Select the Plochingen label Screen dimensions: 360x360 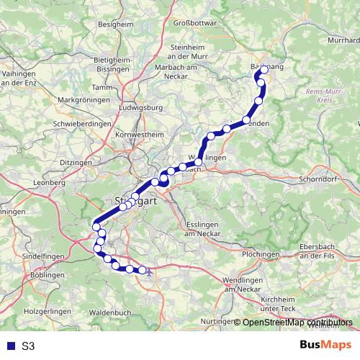pyautogui.click(x=261, y=255)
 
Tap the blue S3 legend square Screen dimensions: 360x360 pyautogui.click(x=9, y=346)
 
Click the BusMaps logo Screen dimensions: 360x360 pyautogui.click(x=326, y=346)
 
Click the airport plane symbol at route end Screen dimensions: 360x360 pyautogui.click(x=143, y=270)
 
